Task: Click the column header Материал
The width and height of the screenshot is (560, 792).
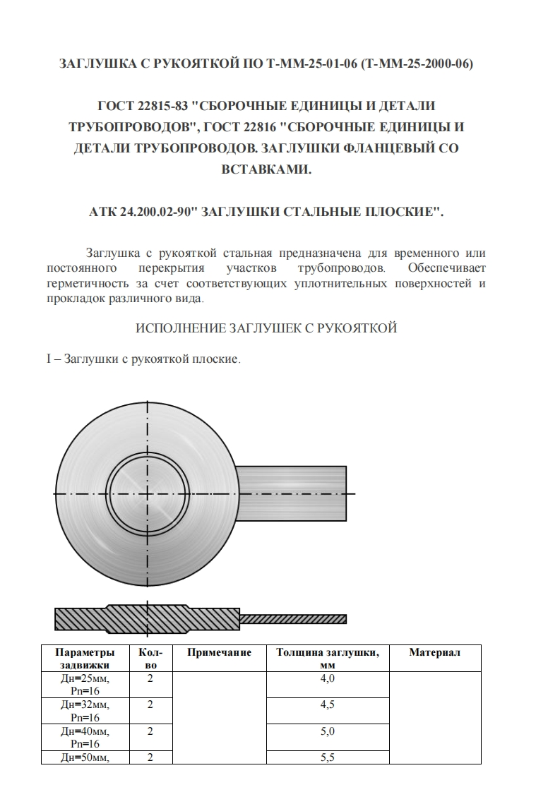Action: pyautogui.click(x=434, y=653)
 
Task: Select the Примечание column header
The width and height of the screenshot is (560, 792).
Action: pyautogui.click(x=219, y=653)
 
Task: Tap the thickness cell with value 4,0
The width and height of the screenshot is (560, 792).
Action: pyautogui.click(x=327, y=679)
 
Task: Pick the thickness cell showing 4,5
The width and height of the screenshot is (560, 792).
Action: pyautogui.click(x=327, y=705)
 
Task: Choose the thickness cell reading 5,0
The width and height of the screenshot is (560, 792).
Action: pyautogui.click(x=327, y=731)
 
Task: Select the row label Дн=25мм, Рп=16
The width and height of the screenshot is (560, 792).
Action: pyautogui.click(x=85, y=685)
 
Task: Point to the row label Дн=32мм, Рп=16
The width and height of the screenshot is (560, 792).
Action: pyautogui.click(x=85, y=711)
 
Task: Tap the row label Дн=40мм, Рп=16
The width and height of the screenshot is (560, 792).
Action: pyautogui.click(x=85, y=737)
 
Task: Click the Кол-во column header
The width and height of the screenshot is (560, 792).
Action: pyautogui.click(x=150, y=659)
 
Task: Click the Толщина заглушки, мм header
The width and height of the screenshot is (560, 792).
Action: pyautogui.click(x=327, y=659)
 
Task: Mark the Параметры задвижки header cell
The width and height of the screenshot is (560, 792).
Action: pyautogui.click(x=85, y=659)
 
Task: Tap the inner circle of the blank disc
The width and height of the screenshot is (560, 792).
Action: pyautogui.click(x=148, y=493)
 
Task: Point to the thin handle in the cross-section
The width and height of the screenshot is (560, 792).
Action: pyautogui.click(x=293, y=619)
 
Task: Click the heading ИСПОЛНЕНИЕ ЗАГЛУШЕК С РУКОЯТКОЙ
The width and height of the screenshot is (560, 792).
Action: pyautogui.click(x=266, y=328)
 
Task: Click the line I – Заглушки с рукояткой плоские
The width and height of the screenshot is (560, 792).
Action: pyautogui.click(x=144, y=359)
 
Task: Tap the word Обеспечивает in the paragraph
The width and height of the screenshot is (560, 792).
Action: pyautogui.click(x=447, y=269)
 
